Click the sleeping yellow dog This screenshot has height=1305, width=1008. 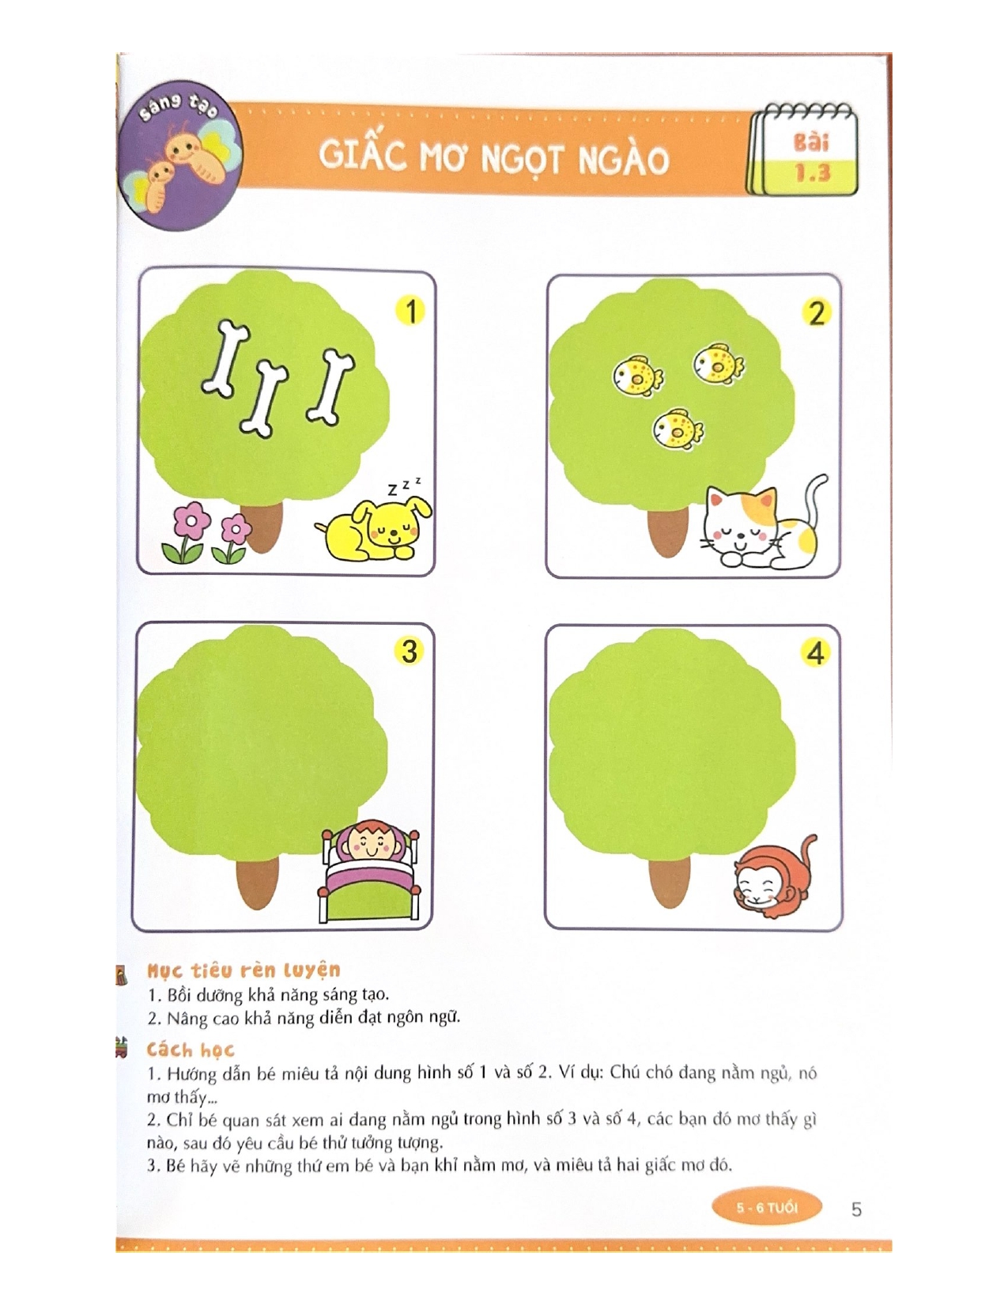[373, 528]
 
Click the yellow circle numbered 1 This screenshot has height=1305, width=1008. [411, 311]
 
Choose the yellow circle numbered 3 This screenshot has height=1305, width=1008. [410, 651]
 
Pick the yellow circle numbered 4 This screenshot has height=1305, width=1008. [815, 653]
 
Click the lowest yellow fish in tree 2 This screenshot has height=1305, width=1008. [678, 429]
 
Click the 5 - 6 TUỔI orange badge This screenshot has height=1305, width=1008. [767, 1207]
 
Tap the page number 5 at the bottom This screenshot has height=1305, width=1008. [856, 1209]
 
